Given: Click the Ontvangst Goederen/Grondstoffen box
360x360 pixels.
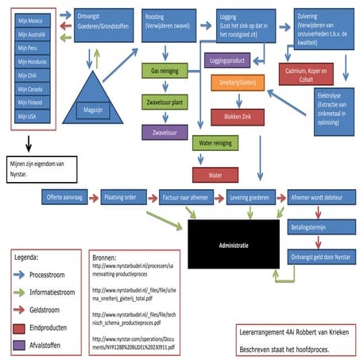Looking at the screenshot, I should click(x=99, y=21).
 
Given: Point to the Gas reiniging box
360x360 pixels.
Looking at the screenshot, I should click(x=165, y=70).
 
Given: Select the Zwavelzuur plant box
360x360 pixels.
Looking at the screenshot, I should click(x=165, y=103).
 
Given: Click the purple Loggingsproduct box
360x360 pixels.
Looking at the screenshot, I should click(x=225, y=60).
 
